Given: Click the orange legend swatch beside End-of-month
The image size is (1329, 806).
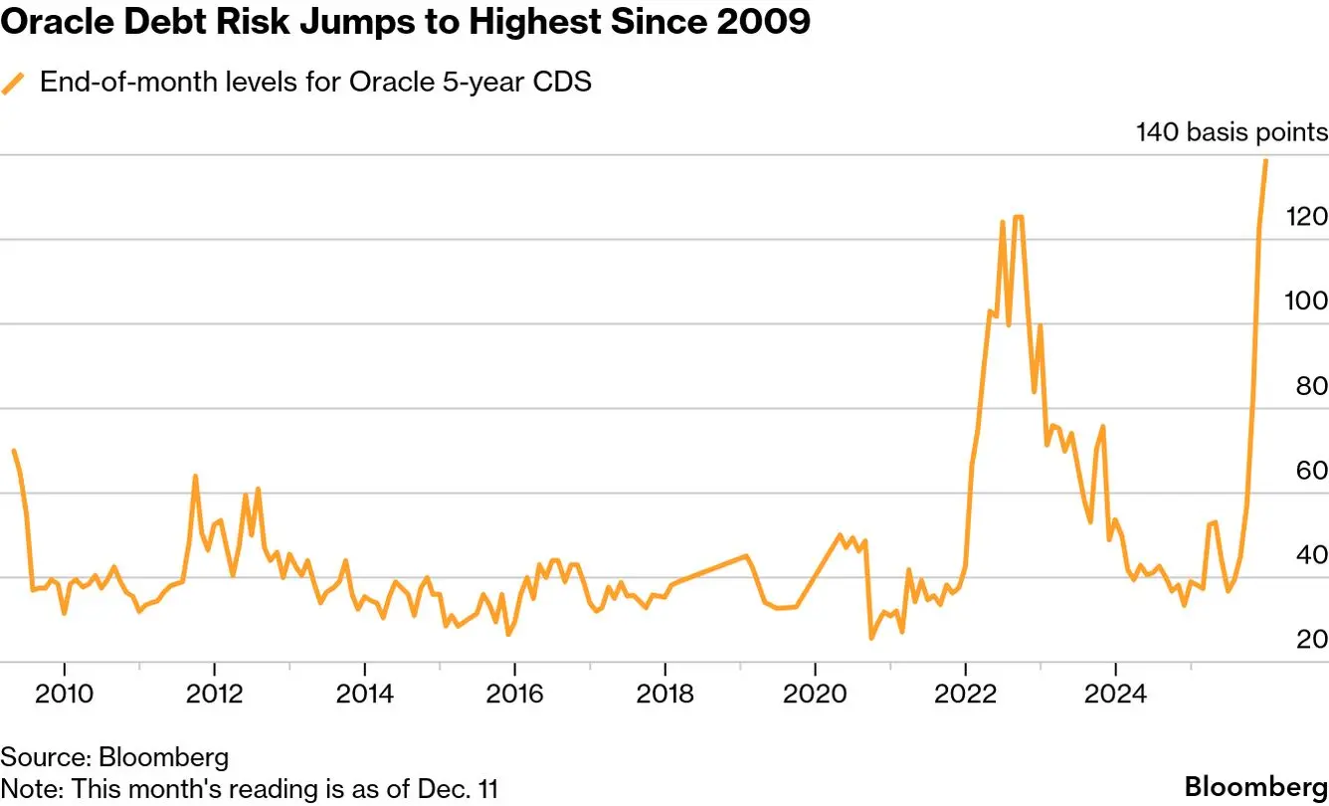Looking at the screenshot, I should coord(14,84).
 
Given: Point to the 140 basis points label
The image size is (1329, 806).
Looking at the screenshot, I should coord(1232,132).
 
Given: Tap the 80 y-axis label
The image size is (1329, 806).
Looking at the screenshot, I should coord(1311,386).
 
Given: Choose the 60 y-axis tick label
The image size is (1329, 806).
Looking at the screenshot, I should coord(1311,471).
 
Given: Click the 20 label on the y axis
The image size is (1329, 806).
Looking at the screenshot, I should coord(1311,639).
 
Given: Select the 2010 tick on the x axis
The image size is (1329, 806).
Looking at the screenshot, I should coord(65,694).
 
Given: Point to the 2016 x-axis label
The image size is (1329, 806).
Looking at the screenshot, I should coord(514,694).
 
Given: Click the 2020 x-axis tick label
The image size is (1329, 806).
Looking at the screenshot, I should coord(815,694).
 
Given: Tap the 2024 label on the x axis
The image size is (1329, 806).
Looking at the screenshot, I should coord(1115,694).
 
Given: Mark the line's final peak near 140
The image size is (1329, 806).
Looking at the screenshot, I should coord(1265,160).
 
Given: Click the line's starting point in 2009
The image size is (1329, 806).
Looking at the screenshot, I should coord(13,451).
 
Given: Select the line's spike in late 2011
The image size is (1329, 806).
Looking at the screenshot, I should coord(195,477).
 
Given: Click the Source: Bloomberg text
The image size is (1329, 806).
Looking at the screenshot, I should coord(114,757).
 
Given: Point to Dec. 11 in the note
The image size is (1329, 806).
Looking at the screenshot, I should coord(463,789).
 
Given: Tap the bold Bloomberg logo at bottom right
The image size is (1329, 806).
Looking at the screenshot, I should coord(1255,782).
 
